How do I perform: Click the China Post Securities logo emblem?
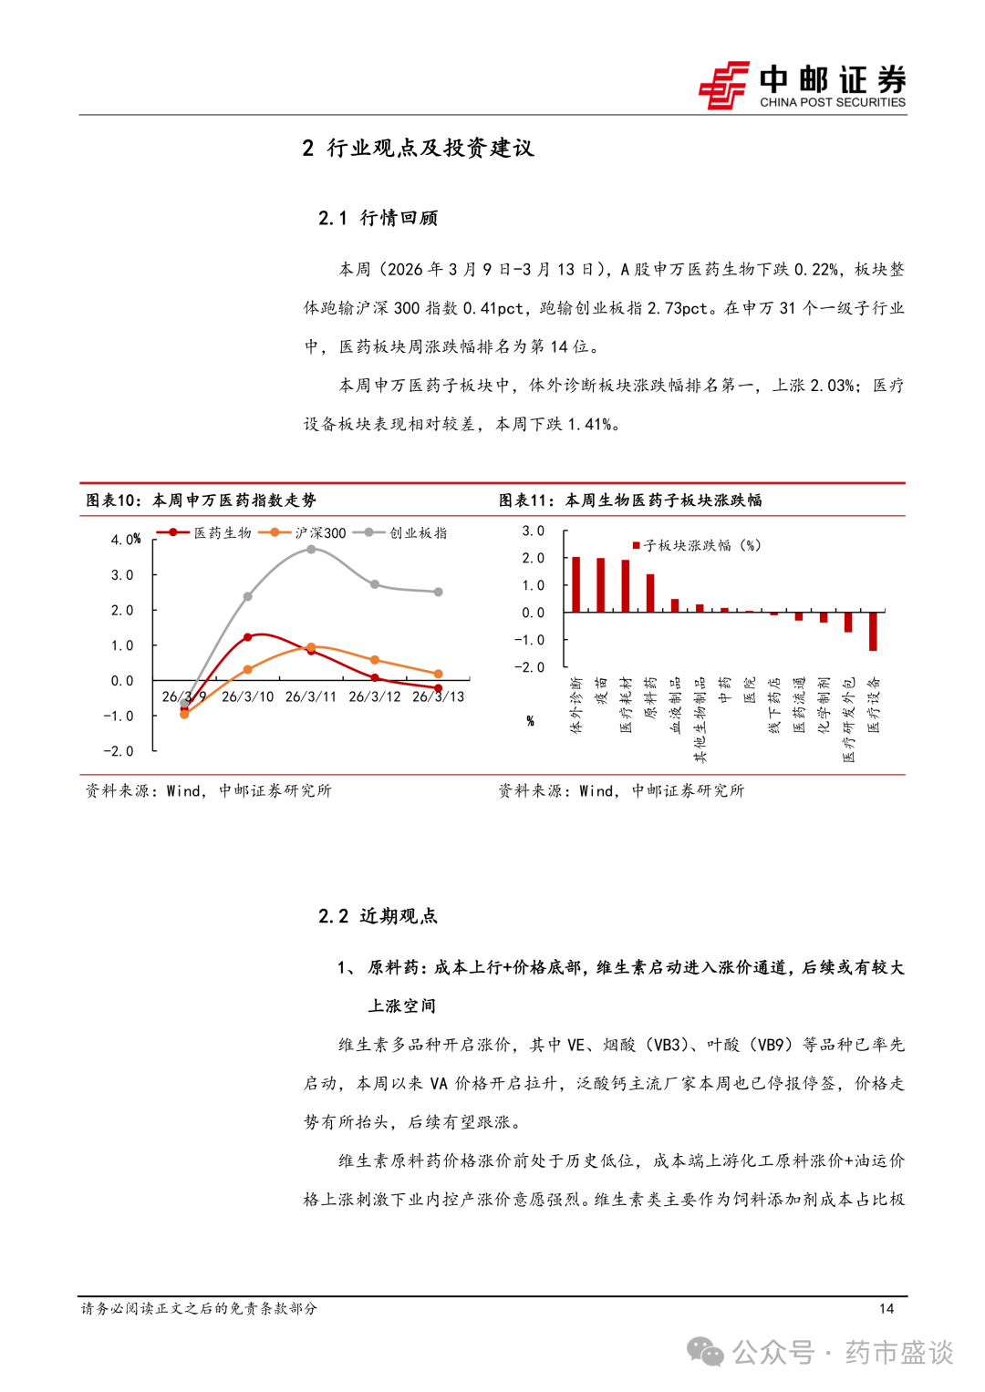coord(724,85)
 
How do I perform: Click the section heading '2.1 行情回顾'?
coord(378,218)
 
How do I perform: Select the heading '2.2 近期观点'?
coord(378,916)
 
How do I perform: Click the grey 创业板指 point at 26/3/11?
coord(311,550)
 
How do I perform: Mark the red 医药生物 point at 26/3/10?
coord(248,637)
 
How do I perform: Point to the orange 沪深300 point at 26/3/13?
coord(439,674)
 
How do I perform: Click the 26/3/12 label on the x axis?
coord(375,696)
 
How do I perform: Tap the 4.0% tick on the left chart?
coord(126,540)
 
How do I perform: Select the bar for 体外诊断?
coord(575,584)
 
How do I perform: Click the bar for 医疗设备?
coord(873,631)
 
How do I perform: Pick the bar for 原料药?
coord(650,593)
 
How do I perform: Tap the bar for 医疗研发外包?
coord(848,622)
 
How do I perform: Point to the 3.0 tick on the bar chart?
coord(533,531)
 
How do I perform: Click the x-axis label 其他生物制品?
coord(700,719)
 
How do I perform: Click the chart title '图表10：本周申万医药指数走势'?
coord(201,500)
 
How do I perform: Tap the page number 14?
coord(886,1308)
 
